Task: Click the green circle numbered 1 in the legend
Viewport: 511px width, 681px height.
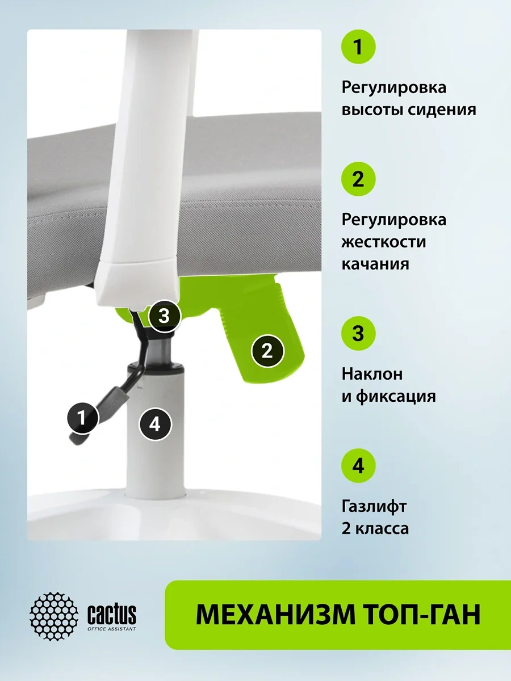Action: [x=358, y=47]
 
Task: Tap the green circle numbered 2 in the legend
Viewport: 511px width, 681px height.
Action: [x=358, y=179]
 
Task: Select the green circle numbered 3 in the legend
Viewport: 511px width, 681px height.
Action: [x=358, y=334]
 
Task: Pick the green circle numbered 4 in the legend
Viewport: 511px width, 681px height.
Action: [x=358, y=466]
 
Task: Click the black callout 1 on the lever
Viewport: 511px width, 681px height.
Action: [x=82, y=418]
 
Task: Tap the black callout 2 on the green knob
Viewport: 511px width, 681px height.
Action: [x=267, y=351]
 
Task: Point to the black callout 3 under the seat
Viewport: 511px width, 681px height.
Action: [x=164, y=316]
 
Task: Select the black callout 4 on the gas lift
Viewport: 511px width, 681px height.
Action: [x=155, y=424]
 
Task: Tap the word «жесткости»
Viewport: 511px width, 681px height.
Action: [x=384, y=242]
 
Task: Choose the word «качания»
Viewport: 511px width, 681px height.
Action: [x=375, y=264]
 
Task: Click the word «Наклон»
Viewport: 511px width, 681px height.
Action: [x=372, y=374]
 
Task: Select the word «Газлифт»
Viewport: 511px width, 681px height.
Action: [x=374, y=506]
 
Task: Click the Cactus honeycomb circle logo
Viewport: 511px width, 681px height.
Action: [x=54, y=616]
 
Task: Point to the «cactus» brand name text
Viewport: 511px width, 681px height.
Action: [x=112, y=614]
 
